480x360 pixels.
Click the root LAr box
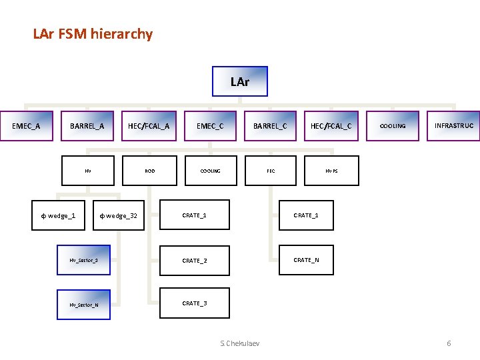pyautogui.click(x=240, y=82)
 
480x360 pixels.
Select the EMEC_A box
pyautogui.click(x=27, y=126)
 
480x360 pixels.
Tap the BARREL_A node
pyautogui.click(x=87, y=126)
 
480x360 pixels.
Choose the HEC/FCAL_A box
pyautogui.click(x=149, y=126)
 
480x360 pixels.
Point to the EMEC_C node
pyautogui.click(x=210, y=126)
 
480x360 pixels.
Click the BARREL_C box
pyautogui.click(x=270, y=126)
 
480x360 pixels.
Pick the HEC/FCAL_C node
pyautogui.click(x=331, y=126)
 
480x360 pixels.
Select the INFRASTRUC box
pyautogui.click(x=453, y=126)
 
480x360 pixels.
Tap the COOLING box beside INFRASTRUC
pyautogui.click(x=393, y=126)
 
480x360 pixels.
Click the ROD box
pyautogui.click(x=150, y=171)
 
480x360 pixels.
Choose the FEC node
pyautogui.click(x=271, y=171)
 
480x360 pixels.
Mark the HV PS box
pyautogui.click(x=331, y=171)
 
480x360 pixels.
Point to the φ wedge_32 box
pyautogui.click(x=118, y=215)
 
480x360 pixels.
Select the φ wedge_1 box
pyautogui.click(x=58, y=215)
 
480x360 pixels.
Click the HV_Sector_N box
pyautogui.click(x=84, y=305)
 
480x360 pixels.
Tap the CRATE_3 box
pyautogui.click(x=194, y=303)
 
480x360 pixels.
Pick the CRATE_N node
pyautogui.click(x=306, y=260)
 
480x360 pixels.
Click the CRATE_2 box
pyautogui.click(x=194, y=260)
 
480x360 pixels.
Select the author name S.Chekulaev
pyautogui.click(x=240, y=343)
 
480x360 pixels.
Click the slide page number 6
pyautogui.click(x=449, y=343)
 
